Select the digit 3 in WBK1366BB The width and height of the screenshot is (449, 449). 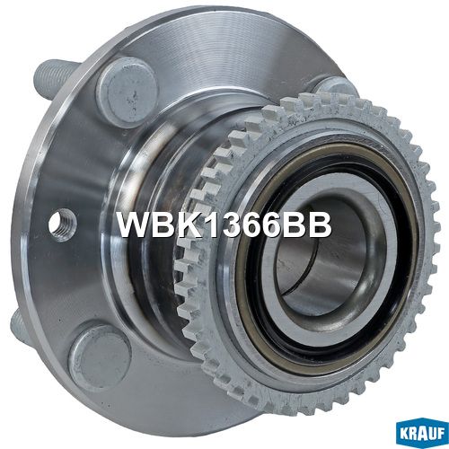pos(226,224)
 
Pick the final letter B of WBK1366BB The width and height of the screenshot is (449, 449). pos(321,224)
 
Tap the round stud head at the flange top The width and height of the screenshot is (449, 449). pos(127,92)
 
